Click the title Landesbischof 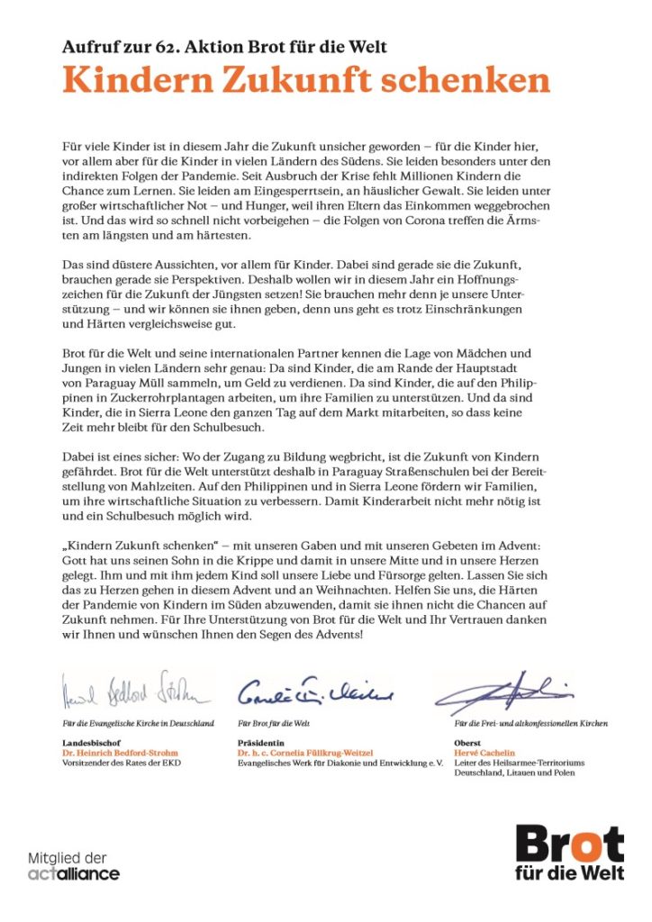point(93,742)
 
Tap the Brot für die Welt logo point(569,852)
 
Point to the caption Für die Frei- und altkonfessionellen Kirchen point(530,723)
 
